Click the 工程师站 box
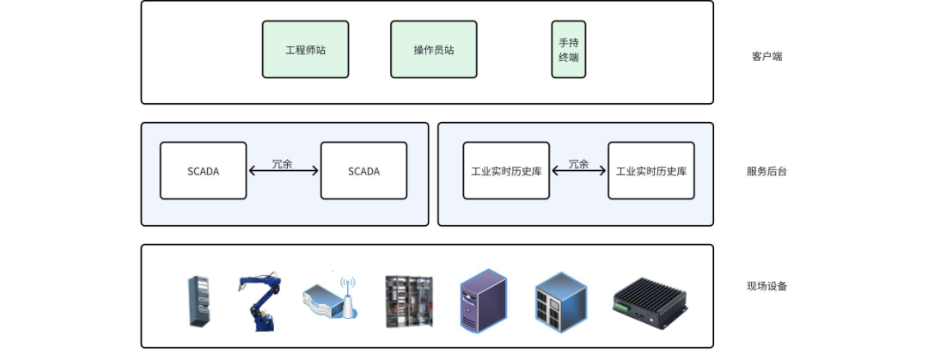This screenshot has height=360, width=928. point(305,50)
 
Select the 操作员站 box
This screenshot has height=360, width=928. point(433,50)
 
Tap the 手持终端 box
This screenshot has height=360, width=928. point(568,50)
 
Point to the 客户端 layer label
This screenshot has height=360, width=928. point(766,57)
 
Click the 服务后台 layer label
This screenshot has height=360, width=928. point(766,171)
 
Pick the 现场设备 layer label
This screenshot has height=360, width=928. point(766,286)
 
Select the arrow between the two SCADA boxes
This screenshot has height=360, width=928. point(284,171)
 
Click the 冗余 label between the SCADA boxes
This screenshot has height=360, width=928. point(283,163)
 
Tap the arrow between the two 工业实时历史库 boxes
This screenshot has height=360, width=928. point(578,171)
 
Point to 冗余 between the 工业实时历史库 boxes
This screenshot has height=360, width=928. point(578,163)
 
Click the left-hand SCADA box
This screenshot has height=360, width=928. point(203,171)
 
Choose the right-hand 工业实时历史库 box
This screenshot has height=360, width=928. point(650,171)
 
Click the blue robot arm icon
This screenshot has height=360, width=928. point(260,302)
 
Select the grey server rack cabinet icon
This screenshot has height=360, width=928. point(198,301)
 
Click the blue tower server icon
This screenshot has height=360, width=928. point(483,300)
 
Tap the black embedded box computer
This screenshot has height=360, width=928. point(650,302)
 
